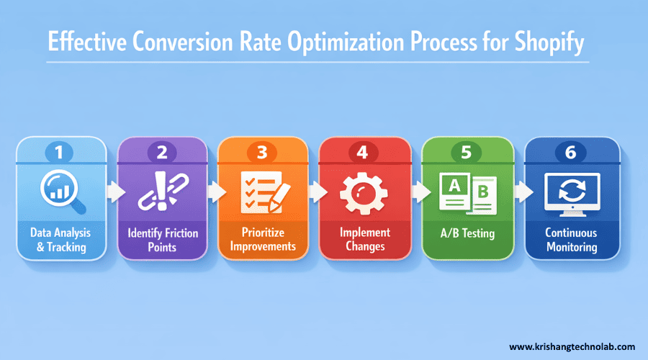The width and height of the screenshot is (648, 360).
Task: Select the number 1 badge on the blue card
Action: (x=60, y=151)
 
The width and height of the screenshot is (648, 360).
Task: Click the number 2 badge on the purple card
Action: (x=161, y=151)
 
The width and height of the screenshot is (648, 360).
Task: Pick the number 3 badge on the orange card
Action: (x=262, y=151)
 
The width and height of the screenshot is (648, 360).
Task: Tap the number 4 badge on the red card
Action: (x=364, y=151)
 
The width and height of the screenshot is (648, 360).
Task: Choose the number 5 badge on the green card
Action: (x=467, y=151)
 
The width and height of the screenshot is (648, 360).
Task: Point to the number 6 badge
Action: (x=570, y=151)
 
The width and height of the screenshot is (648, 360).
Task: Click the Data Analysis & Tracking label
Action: (x=60, y=240)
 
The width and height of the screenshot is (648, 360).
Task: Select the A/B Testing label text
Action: (x=467, y=233)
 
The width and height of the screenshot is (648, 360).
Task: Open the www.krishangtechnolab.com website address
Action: (x=572, y=346)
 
